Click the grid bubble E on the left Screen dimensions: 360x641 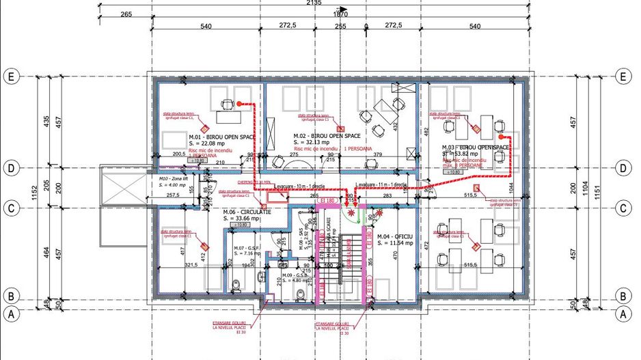[x=10, y=76]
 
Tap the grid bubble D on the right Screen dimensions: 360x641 [x=623, y=167]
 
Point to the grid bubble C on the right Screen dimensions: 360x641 [x=623, y=208]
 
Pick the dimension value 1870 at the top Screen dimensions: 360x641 [x=340, y=14]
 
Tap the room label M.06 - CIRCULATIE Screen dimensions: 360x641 [x=247, y=212]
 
